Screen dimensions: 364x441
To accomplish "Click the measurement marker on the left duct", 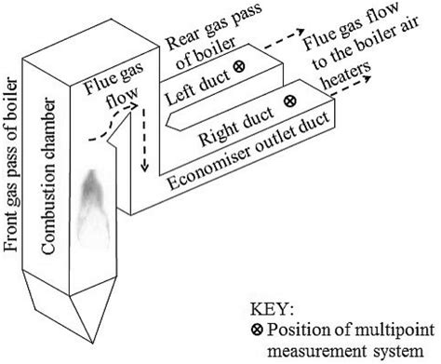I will point(239,67).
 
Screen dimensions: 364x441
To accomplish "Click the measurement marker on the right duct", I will point(289,99).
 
